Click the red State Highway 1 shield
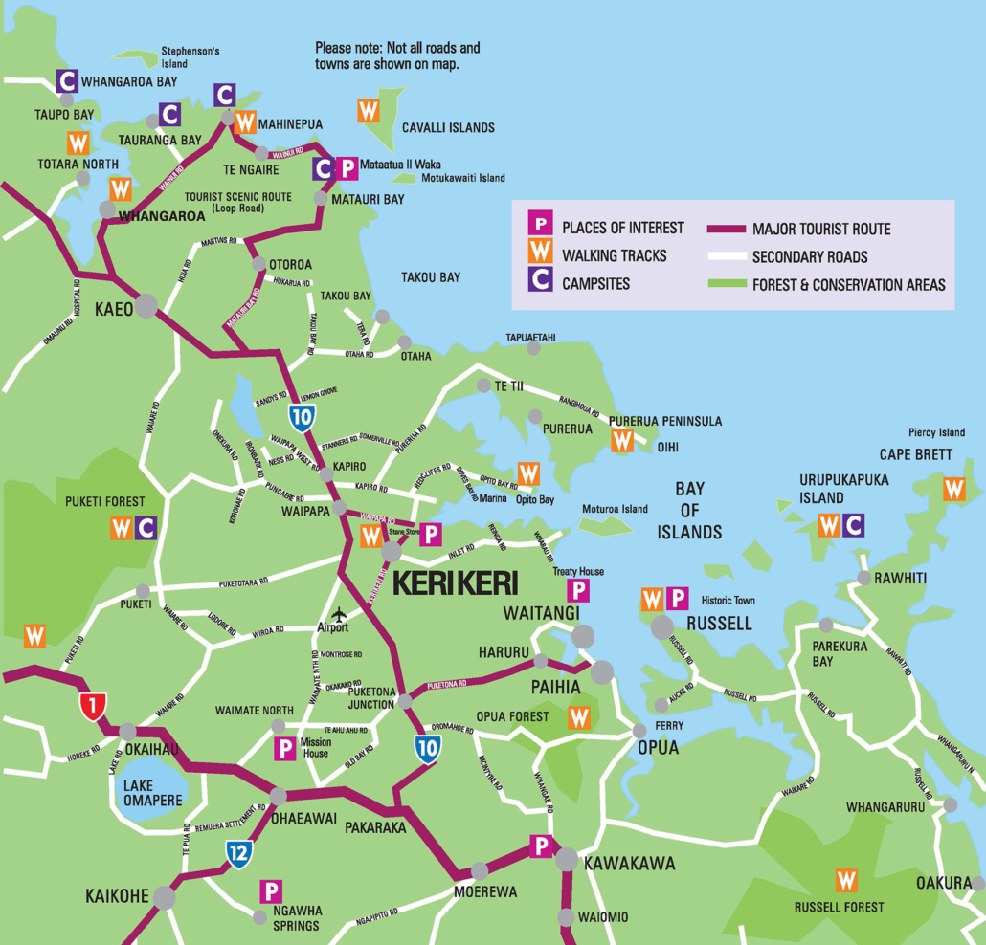[x=92, y=707]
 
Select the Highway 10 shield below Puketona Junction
[x=428, y=749]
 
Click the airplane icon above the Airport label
[x=337, y=613]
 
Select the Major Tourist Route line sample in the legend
[x=727, y=229]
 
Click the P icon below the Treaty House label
[x=578, y=590]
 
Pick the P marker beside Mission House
[x=284, y=749]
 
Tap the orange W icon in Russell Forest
[x=846, y=880]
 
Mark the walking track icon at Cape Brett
[x=953, y=489]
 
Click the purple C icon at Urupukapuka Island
[x=854, y=525]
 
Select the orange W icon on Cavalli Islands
[x=369, y=110]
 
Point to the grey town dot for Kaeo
[x=146, y=306]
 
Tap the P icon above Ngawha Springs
[x=271, y=891]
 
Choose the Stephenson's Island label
[x=190, y=56]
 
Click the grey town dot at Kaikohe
[x=166, y=897]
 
